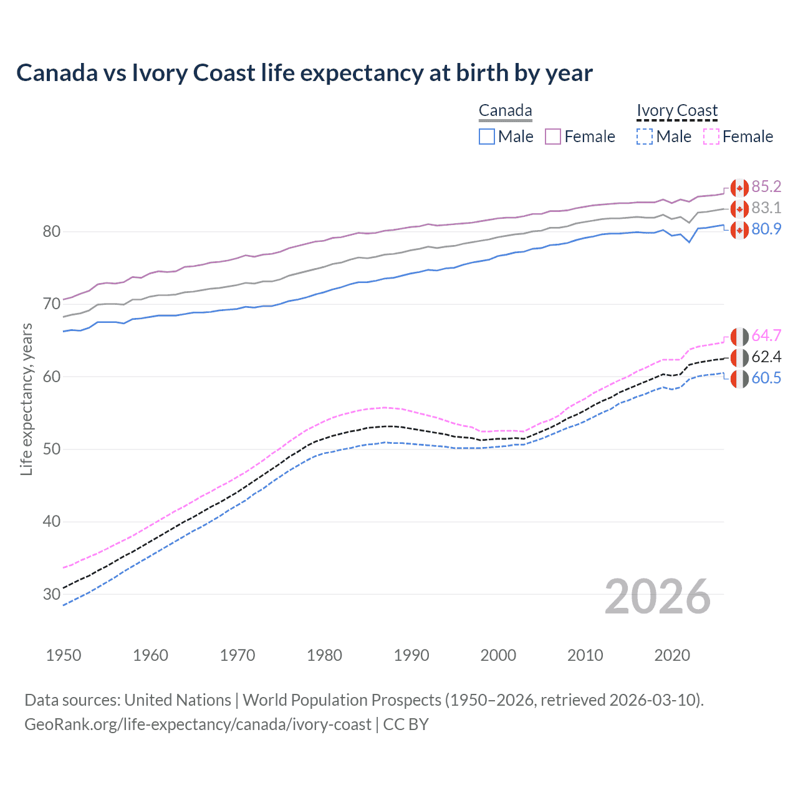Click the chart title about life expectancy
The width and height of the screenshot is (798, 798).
pyautogui.click(x=304, y=73)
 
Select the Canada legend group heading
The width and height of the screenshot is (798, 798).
pyautogui.click(x=505, y=110)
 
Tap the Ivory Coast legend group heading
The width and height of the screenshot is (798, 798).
pyautogui.click(x=677, y=110)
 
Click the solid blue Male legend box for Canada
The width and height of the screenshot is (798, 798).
pyautogui.click(x=487, y=137)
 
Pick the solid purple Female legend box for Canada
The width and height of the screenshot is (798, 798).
pyautogui.click(x=553, y=137)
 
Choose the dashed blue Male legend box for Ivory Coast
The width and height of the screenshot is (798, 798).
pyautogui.click(x=645, y=137)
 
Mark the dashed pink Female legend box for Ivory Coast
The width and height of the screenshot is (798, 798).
pyautogui.click(x=711, y=137)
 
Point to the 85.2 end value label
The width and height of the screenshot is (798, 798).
pyautogui.click(x=766, y=186)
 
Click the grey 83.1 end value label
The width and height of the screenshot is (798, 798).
pyautogui.click(x=766, y=208)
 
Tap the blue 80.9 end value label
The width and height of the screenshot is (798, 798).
pyautogui.click(x=766, y=229)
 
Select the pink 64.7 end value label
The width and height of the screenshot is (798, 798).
pyautogui.click(x=766, y=335)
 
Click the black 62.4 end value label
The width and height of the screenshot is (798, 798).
pyautogui.click(x=766, y=357)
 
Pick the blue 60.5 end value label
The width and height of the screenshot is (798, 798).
pyautogui.click(x=766, y=378)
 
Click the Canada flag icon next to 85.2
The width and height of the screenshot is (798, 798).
pyautogui.click(x=739, y=188)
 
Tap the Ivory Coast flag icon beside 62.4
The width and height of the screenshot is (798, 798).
pyautogui.click(x=739, y=358)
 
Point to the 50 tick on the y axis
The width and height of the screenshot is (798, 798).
pyautogui.click(x=52, y=449)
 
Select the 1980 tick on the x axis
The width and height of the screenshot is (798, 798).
pyautogui.click(x=324, y=655)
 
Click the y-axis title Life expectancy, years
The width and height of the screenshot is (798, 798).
pyautogui.click(x=26, y=399)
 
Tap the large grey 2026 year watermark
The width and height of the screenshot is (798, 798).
pyautogui.click(x=657, y=597)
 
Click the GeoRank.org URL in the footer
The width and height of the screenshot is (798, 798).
pyautogui.click(x=198, y=724)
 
